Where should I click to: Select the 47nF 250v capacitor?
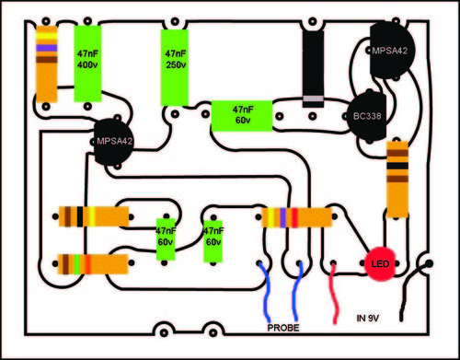point(175,64)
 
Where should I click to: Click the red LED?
point(379,267)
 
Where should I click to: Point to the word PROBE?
point(285,327)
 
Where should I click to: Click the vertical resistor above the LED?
point(397,180)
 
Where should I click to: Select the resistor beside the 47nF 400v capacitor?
point(46,62)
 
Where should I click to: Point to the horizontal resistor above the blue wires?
point(295,217)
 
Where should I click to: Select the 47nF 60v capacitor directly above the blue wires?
point(213,241)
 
